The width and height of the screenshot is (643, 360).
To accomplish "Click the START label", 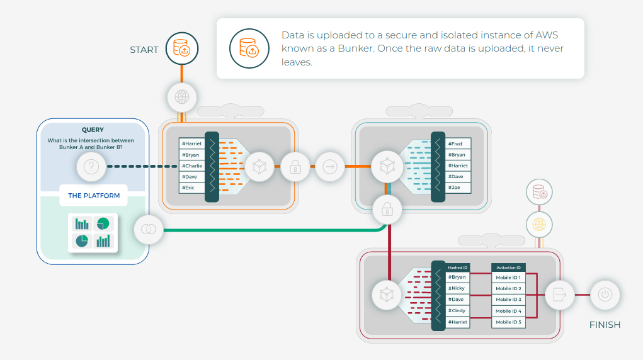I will [x=144, y=50].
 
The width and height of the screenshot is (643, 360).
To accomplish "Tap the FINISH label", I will [x=605, y=325].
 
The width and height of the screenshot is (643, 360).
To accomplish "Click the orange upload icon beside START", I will [x=182, y=48].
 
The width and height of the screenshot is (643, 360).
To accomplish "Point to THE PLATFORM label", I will [x=94, y=196].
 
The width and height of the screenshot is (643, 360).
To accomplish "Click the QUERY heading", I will [x=93, y=130].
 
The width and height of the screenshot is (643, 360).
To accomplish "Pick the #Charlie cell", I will [x=192, y=166].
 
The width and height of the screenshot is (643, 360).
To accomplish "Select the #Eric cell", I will [x=192, y=188].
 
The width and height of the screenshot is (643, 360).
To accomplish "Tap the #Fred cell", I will [x=458, y=143].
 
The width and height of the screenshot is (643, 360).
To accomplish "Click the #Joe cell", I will [x=458, y=188].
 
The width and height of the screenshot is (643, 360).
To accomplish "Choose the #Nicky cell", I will [x=458, y=288].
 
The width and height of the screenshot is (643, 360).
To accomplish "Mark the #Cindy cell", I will [x=458, y=311].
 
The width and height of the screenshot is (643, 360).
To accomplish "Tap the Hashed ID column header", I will [x=458, y=267].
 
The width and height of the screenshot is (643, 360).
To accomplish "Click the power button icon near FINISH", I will [x=605, y=295].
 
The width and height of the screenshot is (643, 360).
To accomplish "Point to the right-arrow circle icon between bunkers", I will [x=330, y=167].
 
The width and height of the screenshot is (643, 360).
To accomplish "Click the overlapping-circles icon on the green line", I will [x=149, y=230].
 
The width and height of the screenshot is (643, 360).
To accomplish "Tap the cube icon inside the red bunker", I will [x=387, y=295].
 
